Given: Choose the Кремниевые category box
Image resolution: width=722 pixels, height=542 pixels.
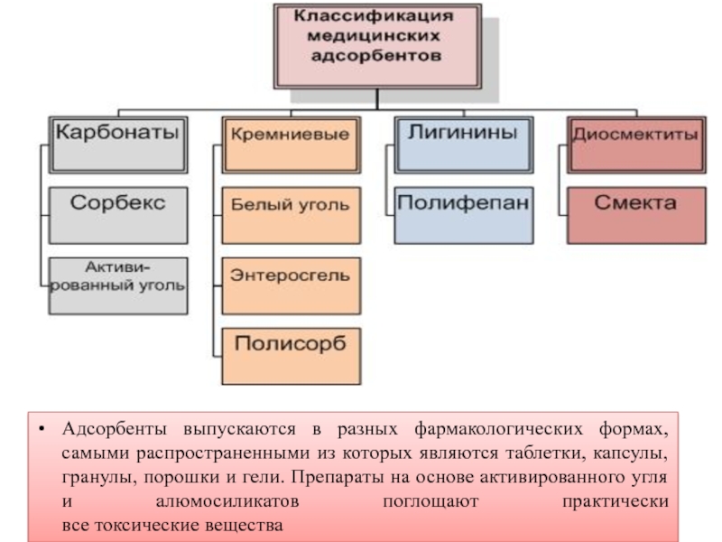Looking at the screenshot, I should click(289, 143).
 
